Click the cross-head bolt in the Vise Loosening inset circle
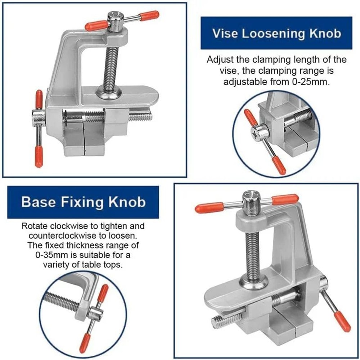(x=260, y=132)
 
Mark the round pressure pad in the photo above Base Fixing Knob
(x=108, y=93)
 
